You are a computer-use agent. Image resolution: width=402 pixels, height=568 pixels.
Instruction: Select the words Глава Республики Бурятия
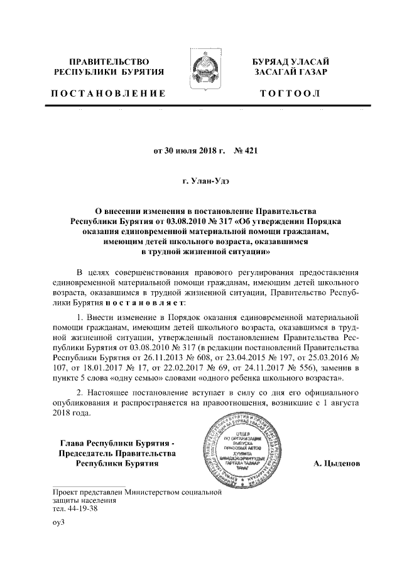114,441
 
